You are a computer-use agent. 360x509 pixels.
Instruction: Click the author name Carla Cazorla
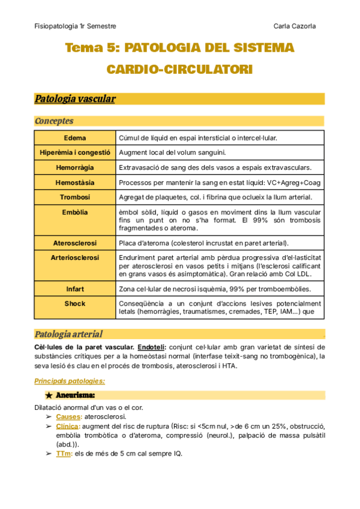295,26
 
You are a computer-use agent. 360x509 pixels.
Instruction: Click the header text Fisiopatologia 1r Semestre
75,26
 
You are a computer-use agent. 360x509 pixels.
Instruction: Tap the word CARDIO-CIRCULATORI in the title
179,70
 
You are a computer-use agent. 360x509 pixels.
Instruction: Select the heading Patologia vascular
75,99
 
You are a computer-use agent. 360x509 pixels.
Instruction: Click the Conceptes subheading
54,121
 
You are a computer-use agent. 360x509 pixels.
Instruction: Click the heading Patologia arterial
68,334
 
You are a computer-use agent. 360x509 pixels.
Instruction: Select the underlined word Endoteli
152,347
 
